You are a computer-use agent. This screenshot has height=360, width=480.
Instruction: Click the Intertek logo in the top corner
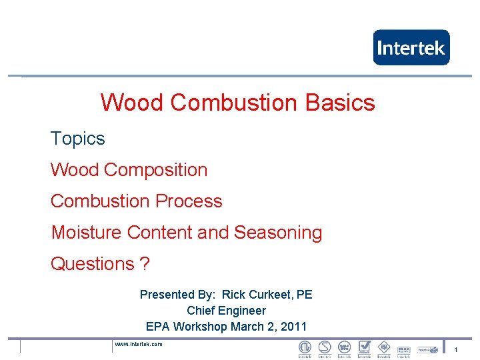tap(411, 47)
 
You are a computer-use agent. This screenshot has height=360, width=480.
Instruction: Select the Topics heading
tap(78, 139)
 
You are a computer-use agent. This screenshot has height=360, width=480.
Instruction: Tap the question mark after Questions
tap(145, 264)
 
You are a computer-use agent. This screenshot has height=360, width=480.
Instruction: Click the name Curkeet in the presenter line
tap(272, 295)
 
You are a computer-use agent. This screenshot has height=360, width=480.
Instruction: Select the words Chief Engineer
tap(226, 311)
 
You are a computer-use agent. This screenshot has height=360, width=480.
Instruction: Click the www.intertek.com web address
tap(139, 344)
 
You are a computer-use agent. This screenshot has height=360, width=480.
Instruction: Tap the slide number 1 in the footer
tap(455, 350)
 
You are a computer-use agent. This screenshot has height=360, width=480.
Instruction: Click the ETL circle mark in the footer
tap(305, 347)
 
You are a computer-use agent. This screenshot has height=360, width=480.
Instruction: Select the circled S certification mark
tap(325, 347)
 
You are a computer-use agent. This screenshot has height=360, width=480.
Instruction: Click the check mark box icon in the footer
tap(364, 347)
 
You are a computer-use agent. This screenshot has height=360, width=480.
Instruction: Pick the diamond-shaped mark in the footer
tap(384, 347)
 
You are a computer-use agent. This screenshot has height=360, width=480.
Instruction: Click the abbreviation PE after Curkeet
tap(305, 295)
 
